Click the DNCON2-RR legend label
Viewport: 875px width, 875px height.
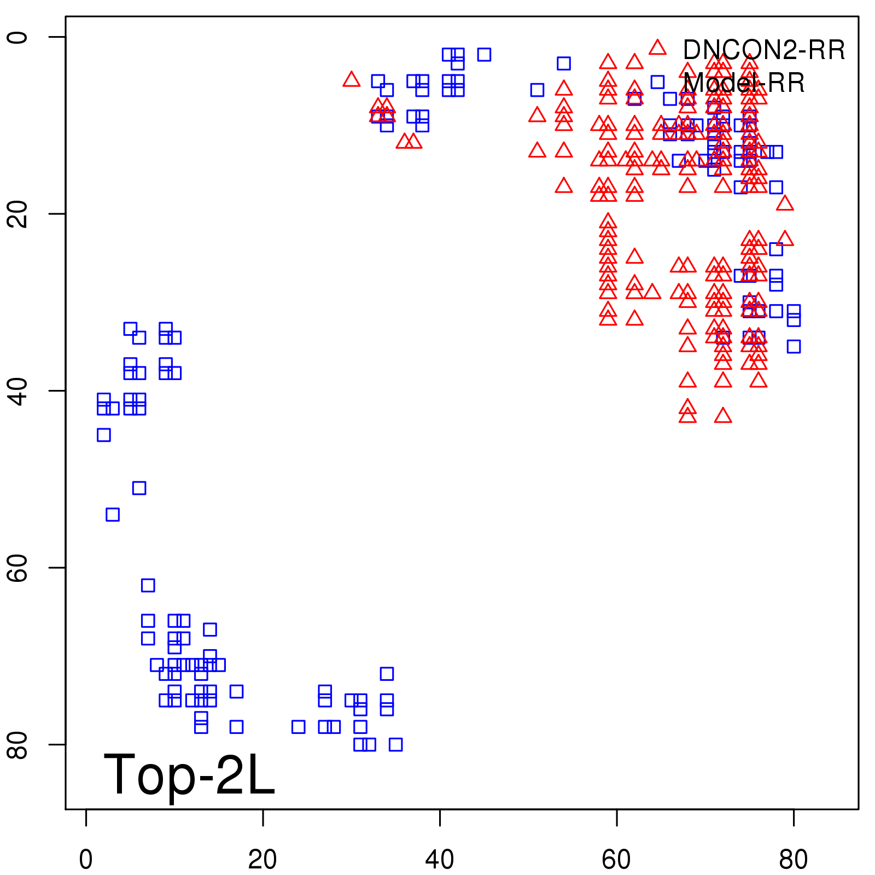pyautogui.click(x=763, y=50)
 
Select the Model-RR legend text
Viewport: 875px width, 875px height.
pyautogui.click(x=744, y=83)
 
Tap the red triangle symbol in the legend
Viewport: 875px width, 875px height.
pyautogui.click(x=657, y=48)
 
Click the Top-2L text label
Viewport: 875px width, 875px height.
pyautogui.click(x=189, y=774)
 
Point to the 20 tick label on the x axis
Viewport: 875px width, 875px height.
pyautogui.click(x=262, y=860)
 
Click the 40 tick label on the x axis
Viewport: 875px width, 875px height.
pyautogui.click(x=440, y=860)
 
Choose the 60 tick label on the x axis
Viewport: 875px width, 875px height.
pyautogui.click(x=616, y=860)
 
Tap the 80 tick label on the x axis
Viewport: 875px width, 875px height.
pyautogui.click(x=794, y=860)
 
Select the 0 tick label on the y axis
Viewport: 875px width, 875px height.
pyautogui.click(x=17, y=37)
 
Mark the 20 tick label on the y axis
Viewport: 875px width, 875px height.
pyautogui.click(x=17, y=214)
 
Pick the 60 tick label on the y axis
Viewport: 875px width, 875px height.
pyautogui.click(x=17, y=568)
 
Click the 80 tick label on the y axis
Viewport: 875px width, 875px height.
pyautogui.click(x=17, y=744)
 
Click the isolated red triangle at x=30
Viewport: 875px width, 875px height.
pyautogui.click(x=351, y=80)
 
